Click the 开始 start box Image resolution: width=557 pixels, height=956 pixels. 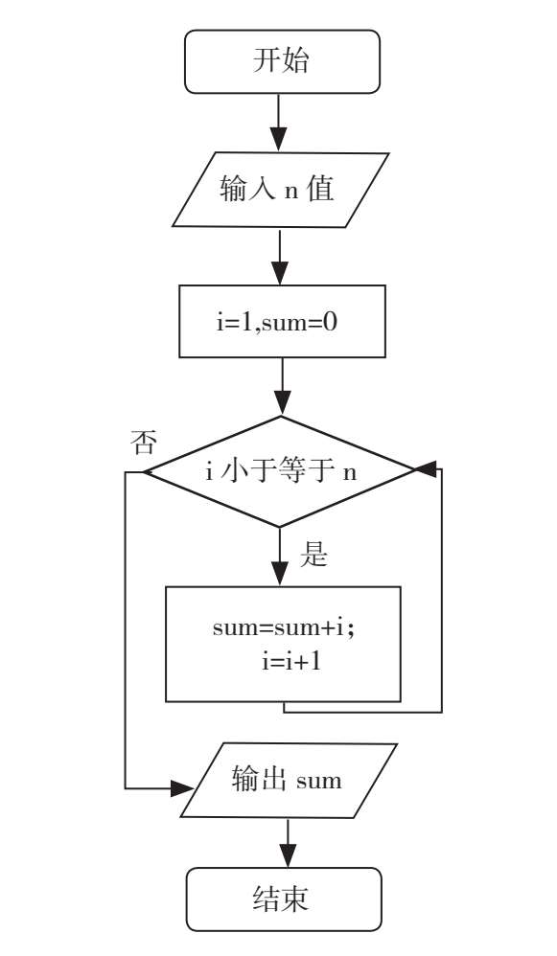point(282,61)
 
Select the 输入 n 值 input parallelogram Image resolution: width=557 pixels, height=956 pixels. point(280,190)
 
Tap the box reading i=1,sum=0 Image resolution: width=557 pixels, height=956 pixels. point(282,321)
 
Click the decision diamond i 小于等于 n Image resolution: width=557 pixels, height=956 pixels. point(280,471)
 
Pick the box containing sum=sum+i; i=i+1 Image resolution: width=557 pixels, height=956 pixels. point(283,644)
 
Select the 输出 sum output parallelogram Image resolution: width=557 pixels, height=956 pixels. point(289,780)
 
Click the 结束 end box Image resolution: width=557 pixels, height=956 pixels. point(284,899)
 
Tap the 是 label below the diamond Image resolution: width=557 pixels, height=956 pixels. point(313,555)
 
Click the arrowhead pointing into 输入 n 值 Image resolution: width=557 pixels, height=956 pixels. point(279,140)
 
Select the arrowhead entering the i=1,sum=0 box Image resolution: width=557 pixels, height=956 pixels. point(279,273)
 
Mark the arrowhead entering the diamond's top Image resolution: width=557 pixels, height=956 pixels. point(282,404)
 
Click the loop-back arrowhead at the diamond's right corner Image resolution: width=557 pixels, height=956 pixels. point(426,469)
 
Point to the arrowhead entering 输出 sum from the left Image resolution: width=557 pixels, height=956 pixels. point(182,788)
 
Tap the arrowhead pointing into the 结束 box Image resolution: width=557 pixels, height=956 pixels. point(288,855)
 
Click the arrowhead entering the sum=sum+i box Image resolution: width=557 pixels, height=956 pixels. point(279,575)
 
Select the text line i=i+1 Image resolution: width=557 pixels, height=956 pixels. point(291,661)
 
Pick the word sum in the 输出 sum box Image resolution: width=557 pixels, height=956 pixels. point(318,781)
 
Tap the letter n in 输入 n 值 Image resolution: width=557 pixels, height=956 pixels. point(291,192)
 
